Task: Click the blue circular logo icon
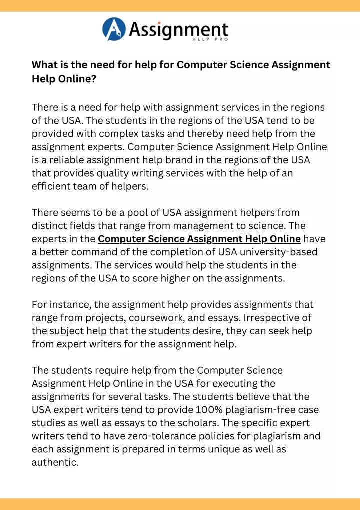(114, 29)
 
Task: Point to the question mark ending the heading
(94, 79)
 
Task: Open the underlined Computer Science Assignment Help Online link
(199, 239)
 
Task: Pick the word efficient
(52, 186)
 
